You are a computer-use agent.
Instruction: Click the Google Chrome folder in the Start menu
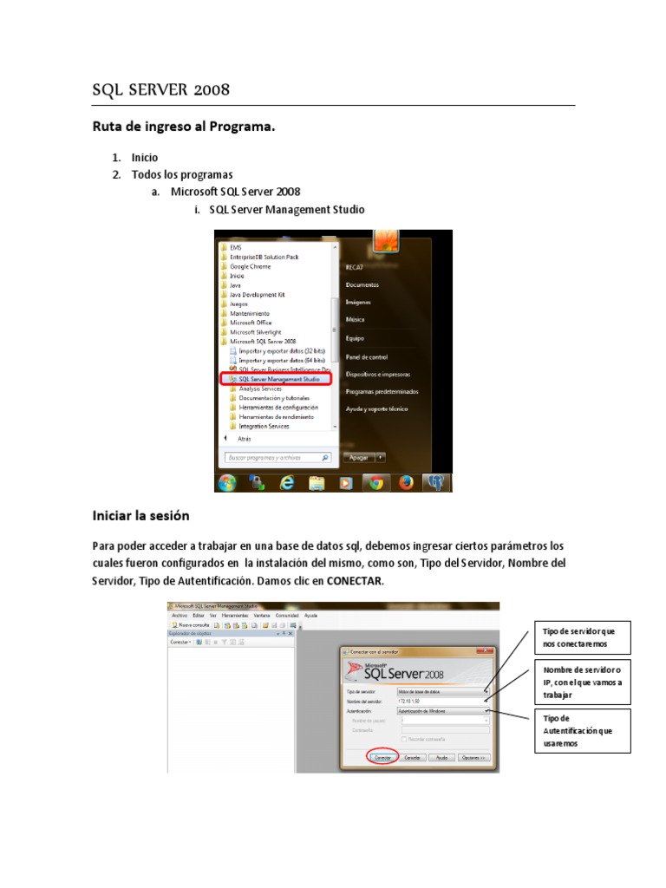click(x=250, y=266)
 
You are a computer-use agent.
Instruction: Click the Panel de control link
click(x=366, y=356)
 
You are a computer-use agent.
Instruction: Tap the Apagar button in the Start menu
click(x=358, y=457)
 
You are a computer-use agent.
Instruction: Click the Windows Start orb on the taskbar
click(x=228, y=483)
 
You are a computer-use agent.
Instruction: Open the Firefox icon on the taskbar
click(x=406, y=483)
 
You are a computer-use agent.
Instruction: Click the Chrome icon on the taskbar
click(x=375, y=483)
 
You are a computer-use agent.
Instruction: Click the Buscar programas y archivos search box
click(x=274, y=457)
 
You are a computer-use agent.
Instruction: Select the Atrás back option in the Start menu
click(x=244, y=439)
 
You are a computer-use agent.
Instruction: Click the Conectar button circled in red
click(x=382, y=757)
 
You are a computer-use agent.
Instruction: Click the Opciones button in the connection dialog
click(x=474, y=757)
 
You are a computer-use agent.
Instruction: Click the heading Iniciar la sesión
click(x=140, y=515)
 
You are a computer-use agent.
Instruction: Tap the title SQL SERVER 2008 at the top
click(x=161, y=90)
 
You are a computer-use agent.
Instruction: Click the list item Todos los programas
click(x=182, y=174)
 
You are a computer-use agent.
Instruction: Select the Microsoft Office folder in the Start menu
click(x=251, y=323)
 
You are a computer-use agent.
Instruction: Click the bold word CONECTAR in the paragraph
click(x=354, y=580)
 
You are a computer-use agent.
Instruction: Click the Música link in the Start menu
click(x=355, y=320)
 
